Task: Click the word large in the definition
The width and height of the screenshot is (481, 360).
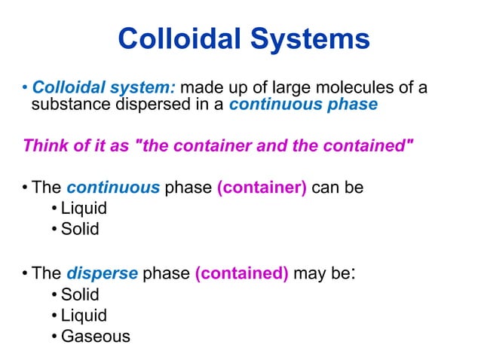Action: coord(277,88)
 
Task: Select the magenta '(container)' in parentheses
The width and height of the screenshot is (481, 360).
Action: coord(262,187)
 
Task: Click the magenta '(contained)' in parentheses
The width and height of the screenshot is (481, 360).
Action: coord(241,273)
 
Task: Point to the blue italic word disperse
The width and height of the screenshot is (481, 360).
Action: coord(102,273)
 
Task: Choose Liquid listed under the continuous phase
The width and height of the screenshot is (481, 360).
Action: coord(84,208)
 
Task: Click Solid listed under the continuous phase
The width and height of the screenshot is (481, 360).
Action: coord(80,228)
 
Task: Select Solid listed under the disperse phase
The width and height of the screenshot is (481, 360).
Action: coord(80,294)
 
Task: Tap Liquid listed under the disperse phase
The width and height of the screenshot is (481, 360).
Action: coord(84,316)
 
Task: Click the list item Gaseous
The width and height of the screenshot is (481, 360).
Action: coord(95,336)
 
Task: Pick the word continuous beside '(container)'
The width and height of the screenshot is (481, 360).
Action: coord(113,187)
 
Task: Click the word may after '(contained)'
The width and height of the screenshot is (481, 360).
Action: coord(309,274)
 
